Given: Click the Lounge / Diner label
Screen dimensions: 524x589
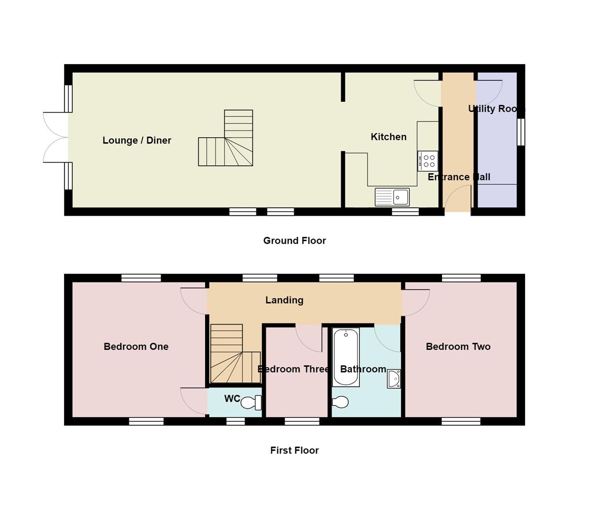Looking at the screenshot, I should pos(137,141).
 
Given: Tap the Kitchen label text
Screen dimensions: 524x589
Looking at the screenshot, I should pos(388,137).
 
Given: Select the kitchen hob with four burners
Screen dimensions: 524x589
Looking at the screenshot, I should pos(428,161).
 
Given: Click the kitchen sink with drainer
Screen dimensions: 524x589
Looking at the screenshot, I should pos(392,197).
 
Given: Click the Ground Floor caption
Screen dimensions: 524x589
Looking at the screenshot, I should pos(294,241).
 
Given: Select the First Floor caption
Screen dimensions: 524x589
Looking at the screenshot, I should pos(294,450).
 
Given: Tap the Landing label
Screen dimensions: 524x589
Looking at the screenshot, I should pos(284,300).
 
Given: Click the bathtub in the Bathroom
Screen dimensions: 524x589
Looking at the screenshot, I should pos(346,357).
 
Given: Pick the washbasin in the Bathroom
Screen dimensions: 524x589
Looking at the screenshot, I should pos(394,379).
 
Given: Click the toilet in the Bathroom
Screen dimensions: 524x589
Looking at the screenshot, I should pos(340,402).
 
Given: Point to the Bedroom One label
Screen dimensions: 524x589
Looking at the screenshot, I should pos(136,347).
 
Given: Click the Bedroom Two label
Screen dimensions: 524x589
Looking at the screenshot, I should pos(458,347).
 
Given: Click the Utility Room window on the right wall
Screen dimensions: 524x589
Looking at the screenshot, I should pos(521,132).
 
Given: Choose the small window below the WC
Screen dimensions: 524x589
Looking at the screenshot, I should pos(236,422).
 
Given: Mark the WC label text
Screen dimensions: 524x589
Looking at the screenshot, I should pos(232,399).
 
